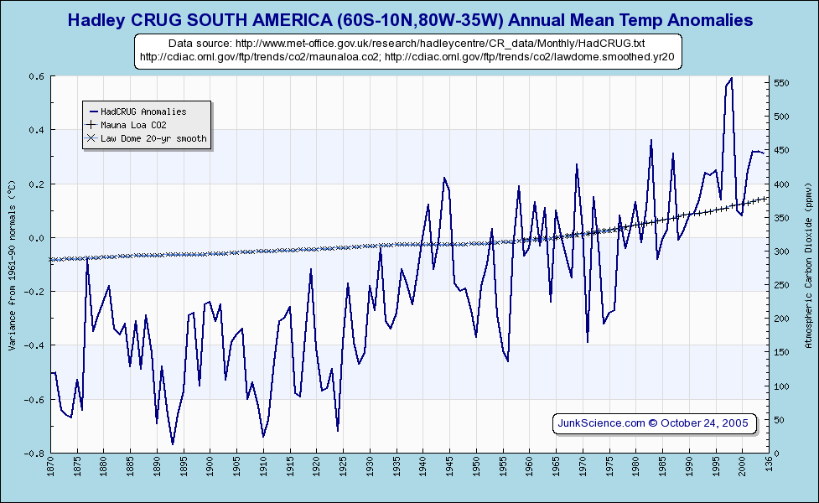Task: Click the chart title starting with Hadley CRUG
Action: (409, 19)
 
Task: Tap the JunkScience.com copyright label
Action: (653, 423)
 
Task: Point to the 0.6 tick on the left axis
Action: (38, 76)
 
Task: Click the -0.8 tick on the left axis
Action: (36, 454)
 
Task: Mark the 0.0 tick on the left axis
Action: (38, 238)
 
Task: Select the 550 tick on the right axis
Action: (781, 83)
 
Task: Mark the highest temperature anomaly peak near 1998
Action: (732, 78)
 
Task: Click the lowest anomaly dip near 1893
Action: (173, 443)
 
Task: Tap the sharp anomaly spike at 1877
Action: (87, 260)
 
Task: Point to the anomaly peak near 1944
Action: (444, 178)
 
